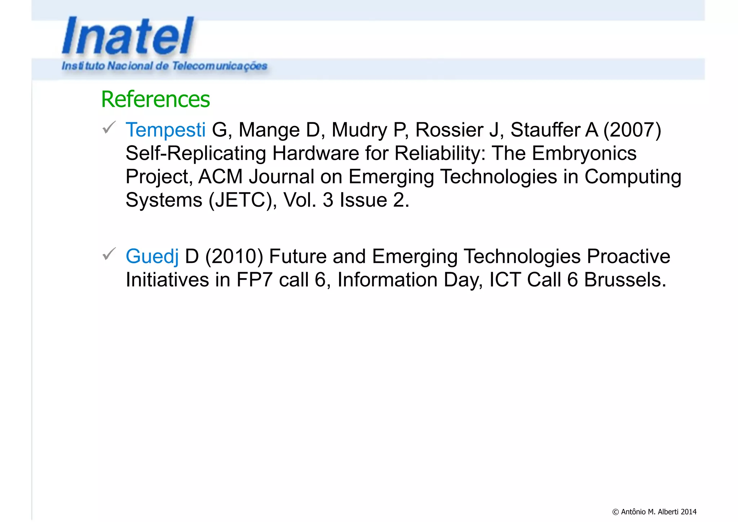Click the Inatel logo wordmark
click(x=128, y=36)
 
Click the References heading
click(x=155, y=99)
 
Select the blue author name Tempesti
click(x=165, y=130)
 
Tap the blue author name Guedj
click(x=152, y=256)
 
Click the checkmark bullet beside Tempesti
click(x=108, y=127)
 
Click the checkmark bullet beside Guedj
click(x=108, y=254)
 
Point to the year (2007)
click(x=632, y=130)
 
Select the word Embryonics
click(x=584, y=153)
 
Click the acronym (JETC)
click(x=240, y=200)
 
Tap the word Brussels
click(x=625, y=280)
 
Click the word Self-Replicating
click(x=196, y=153)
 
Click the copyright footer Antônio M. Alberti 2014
click(x=654, y=512)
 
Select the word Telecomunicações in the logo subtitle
click(x=219, y=66)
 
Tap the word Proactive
click(x=628, y=256)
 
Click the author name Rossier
click(x=449, y=130)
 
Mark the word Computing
click(x=632, y=177)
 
